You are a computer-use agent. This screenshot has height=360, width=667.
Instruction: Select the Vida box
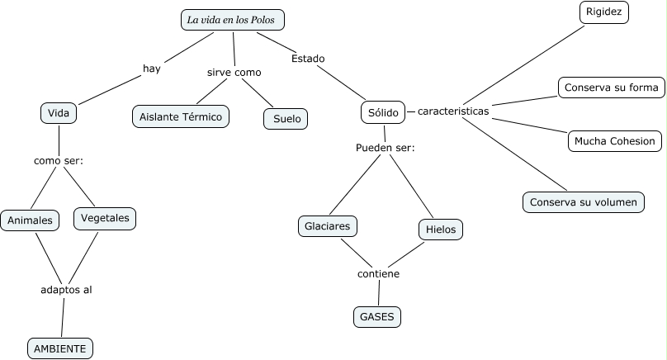click(58, 113)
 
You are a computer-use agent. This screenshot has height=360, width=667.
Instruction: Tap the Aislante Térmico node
click(181, 117)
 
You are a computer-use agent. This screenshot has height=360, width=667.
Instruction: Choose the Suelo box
click(286, 119)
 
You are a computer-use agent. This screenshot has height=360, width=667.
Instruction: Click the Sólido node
click(382, 112)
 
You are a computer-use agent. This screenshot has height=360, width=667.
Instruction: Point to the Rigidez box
click(605, 12)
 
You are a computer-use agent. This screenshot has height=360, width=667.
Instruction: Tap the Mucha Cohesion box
click(615, 141)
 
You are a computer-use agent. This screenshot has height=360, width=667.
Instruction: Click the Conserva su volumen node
click(583, 201)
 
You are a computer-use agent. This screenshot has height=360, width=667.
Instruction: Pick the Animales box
click(31, 220)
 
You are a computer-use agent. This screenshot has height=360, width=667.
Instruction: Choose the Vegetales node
click(104, 218)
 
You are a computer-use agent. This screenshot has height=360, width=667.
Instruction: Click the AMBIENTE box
click(59, 348)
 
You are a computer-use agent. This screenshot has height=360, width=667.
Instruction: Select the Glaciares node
click(327, 225)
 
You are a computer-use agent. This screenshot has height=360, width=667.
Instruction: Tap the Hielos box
click(441, 229)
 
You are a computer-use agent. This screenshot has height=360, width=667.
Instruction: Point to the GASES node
click(378, 316)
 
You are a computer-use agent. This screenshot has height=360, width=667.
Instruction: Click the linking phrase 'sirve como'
click(234, 73)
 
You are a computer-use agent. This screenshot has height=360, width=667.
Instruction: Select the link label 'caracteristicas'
click(453, 111)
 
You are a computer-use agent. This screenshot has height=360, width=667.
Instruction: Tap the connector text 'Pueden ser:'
click(385, 148)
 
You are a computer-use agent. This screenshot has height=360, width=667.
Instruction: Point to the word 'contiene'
click(378, 273)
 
